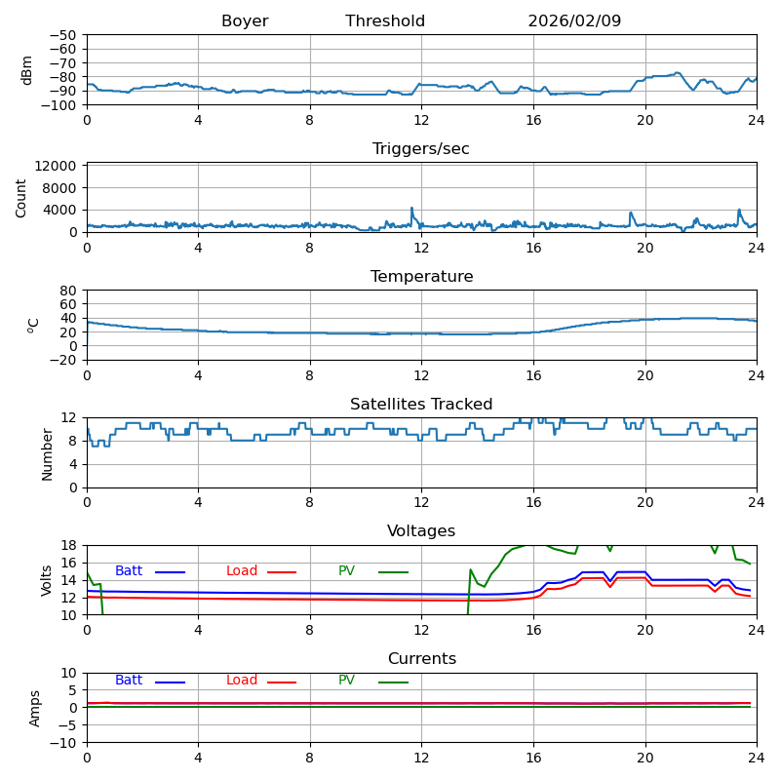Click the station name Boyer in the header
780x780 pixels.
(x=245, y=21)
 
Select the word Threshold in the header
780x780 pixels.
(x=385, y=21)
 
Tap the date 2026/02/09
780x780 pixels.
(x=574, y=21)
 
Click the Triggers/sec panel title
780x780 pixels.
(x=421, y=149)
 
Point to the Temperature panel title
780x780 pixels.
(x=421, y=277)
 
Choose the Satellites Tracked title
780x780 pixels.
(x=421, y=405)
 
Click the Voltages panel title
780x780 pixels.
(x=421, y=531)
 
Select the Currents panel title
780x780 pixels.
(x=421, y=659)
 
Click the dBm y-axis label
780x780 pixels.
(x=27, y=69)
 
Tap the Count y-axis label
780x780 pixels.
(x=21, y=197)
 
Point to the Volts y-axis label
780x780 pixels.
(x=47, y=580)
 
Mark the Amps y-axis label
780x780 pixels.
(x=35, y=708)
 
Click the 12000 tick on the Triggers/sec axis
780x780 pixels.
(x=57, y=167)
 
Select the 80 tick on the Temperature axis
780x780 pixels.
(x=68, y=291)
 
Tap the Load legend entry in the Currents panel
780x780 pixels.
(x=242, y=681)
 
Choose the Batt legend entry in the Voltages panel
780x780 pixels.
(x=129, y=571)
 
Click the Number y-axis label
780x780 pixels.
(x=47, y=453)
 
